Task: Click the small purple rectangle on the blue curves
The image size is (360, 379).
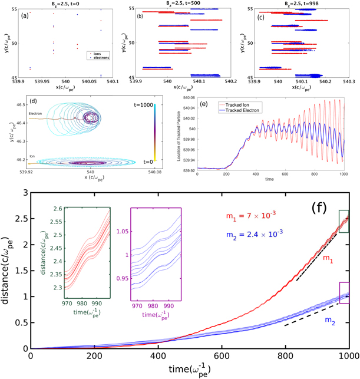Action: [345, 292]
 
